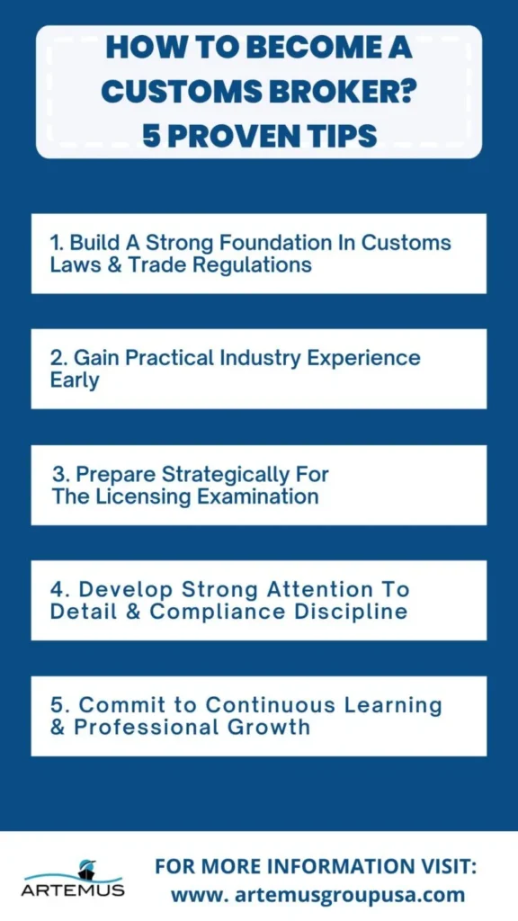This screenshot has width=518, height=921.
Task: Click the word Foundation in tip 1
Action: pyautogui.click(x=237, y=243)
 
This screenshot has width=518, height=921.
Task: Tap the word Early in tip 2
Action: pyautogui.click(x=75, y=380)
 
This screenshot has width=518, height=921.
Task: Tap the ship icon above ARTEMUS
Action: pyautogui.click(x=86, y=868)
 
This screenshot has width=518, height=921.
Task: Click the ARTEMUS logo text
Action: pyautogui.click(x=74, y=890)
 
